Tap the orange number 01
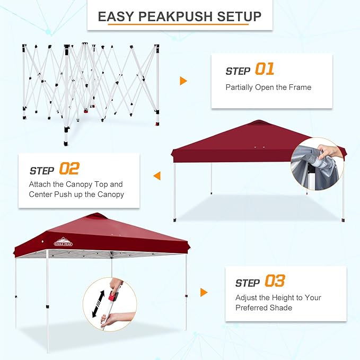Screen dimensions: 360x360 tap(265, 69)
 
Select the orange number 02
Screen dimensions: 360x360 tap(69, 169)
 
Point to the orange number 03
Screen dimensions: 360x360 tap(274, 281)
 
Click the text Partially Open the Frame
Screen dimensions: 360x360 tap(268, 87)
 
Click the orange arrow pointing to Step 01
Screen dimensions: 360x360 tap(183, 81)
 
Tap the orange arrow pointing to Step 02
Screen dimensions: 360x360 tap(157, 175)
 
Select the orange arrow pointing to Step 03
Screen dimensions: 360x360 tap(204, 292)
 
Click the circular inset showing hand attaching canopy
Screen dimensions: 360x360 tap(317, 164)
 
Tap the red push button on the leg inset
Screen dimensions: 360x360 tap(112, 293)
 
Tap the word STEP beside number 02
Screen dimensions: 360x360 tap(42, 171)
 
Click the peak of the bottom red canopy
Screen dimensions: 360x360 tap(96, 215)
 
